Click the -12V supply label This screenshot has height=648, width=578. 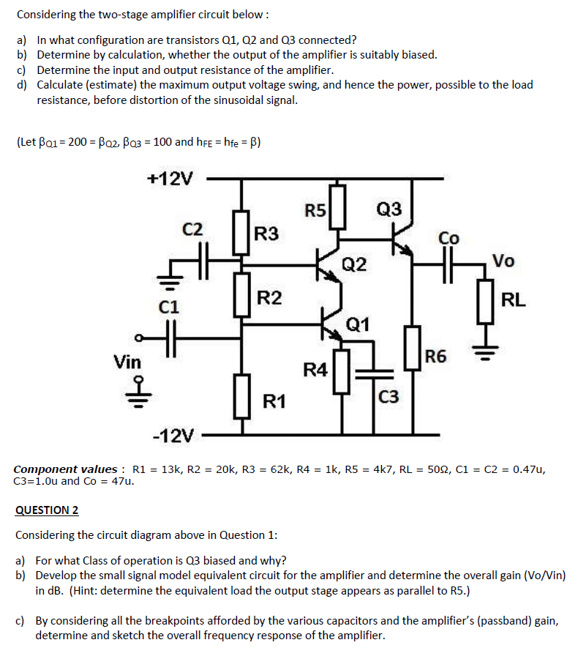[173, 437]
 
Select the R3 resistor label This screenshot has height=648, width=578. [266, 234]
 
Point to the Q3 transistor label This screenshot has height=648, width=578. [388, 210]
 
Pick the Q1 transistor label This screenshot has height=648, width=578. [358, 323]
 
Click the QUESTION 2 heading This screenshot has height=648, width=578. [47, 510]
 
